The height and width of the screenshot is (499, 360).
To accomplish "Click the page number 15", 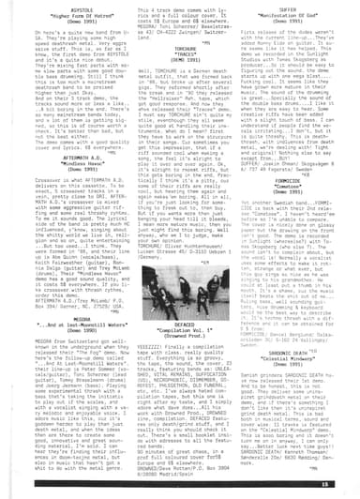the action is [348, 485].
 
